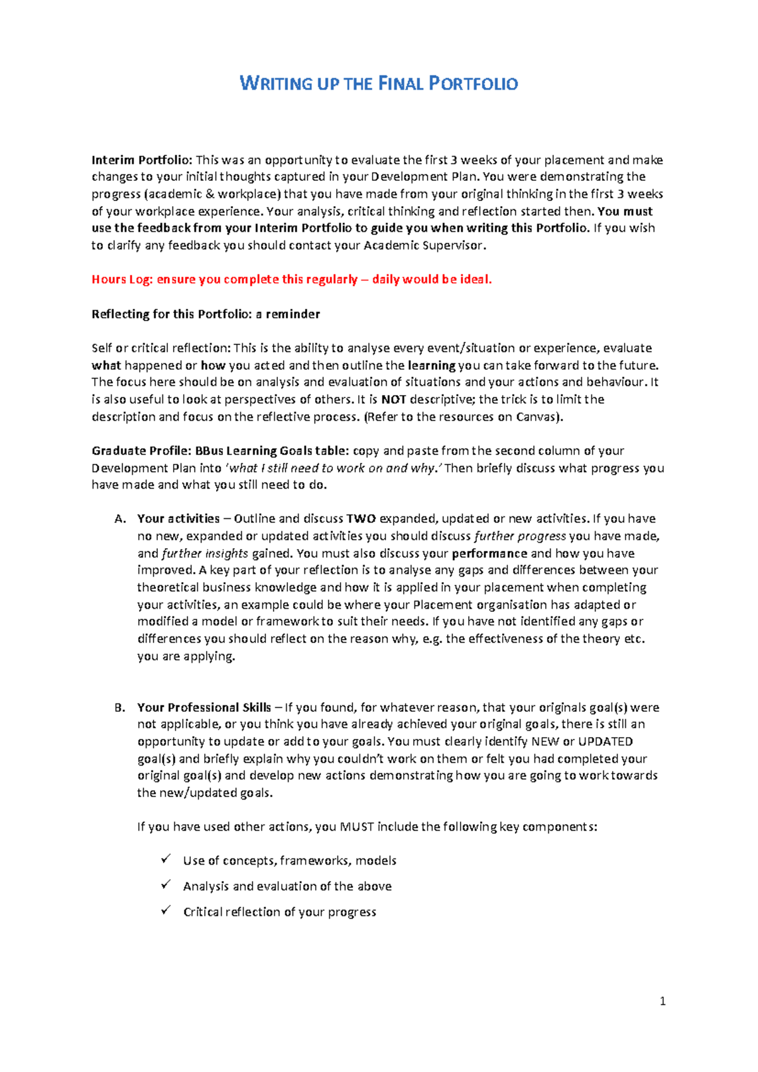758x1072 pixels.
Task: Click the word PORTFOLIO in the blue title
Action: click(x=473, y=83)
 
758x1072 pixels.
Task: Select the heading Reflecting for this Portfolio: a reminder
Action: click(x=205, y=314)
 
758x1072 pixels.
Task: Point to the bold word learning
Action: click(x=432, y=365)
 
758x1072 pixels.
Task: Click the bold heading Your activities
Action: click(x=178, y=519)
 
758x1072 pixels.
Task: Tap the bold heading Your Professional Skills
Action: click(x=204, y=708)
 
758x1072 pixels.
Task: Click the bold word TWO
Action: click(x=361, y=519)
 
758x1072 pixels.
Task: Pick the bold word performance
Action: click(x=490, y=554)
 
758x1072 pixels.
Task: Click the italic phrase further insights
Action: click(x=205, y=554)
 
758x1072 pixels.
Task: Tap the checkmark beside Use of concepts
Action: click(x=166, y=859)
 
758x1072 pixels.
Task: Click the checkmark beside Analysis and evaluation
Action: click(x=166, y=885)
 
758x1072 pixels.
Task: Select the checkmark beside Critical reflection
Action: click(x=166, y=910)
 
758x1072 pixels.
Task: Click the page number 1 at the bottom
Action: click(x=663, y=1001)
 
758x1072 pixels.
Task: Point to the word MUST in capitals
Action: click(x=357, y=827)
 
